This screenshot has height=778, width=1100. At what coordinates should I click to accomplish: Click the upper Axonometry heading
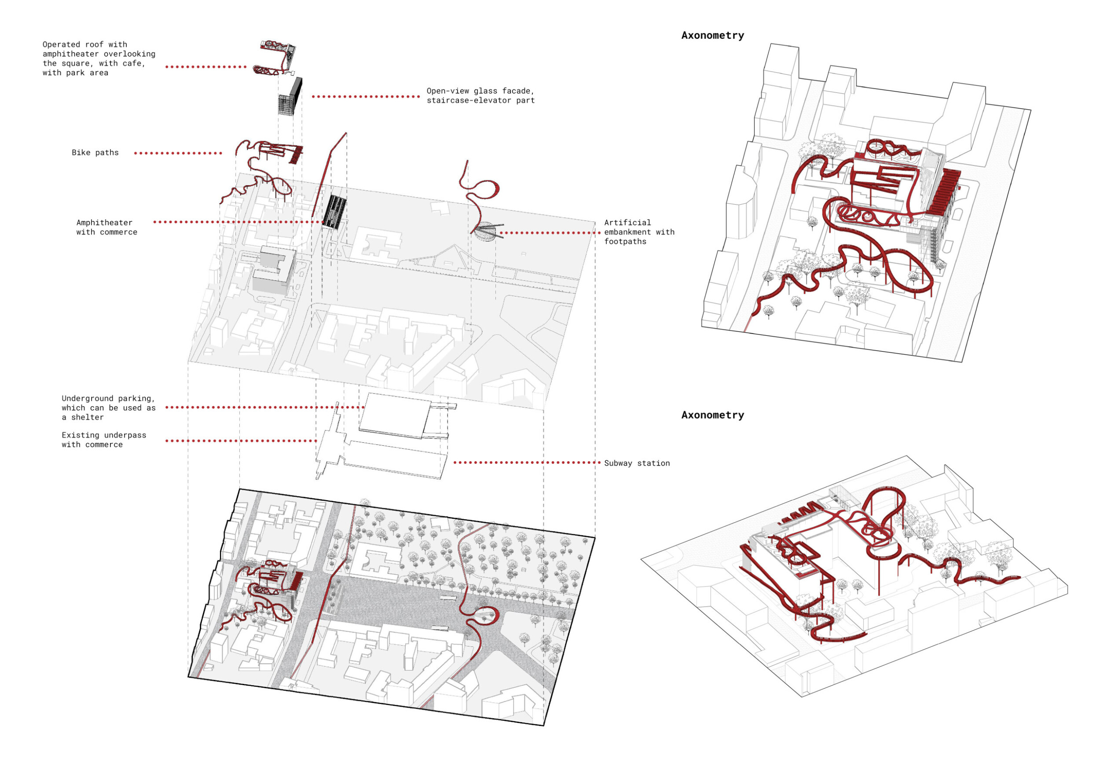coord(712,36)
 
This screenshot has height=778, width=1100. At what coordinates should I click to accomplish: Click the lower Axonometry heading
coord(712,415)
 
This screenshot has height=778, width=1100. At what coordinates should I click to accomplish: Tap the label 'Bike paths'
coord(95,153)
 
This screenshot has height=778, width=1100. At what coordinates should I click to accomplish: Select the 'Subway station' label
coord(637,463)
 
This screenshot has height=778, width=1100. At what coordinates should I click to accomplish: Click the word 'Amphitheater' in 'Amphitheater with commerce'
coord(104,223)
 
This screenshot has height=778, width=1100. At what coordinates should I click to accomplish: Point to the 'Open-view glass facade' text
coord(480,91)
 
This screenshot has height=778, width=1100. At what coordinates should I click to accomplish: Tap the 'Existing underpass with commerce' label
coord(103,440)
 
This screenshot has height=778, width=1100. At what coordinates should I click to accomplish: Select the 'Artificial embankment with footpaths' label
coord(638,232)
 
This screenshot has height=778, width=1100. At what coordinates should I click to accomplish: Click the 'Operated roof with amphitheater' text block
coord(99,59)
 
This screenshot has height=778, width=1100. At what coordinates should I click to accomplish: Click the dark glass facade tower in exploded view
coord(291,97)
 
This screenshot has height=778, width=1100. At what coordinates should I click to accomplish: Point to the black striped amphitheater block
coord(334,211)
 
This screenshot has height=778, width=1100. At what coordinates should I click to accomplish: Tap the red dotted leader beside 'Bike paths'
coord(178,153)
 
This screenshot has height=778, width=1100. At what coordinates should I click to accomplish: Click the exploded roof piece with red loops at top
coord(277,58)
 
